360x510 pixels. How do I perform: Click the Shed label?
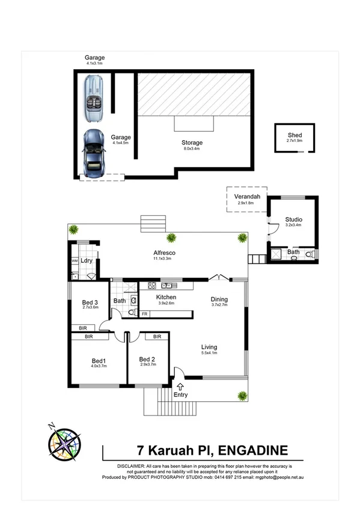(294, 135)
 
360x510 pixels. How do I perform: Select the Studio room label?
(293, 220)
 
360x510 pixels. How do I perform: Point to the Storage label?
(192, 143)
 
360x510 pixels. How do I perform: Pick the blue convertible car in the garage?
(94, 154)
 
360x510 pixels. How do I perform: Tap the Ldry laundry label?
(87, 260)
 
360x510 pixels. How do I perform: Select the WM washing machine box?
(75, 261)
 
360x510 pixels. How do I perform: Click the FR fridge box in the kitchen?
(144, 314)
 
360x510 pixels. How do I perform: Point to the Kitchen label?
(166, 297)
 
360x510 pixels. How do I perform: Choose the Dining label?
(219, 299)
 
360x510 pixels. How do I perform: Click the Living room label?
(209, 347)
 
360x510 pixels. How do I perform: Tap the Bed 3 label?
(90, 302)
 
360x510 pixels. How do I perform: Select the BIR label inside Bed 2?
(156, 337)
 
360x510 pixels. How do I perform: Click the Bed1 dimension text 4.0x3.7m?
(98, 365)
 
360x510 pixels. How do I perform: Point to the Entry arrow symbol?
(181, 386)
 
